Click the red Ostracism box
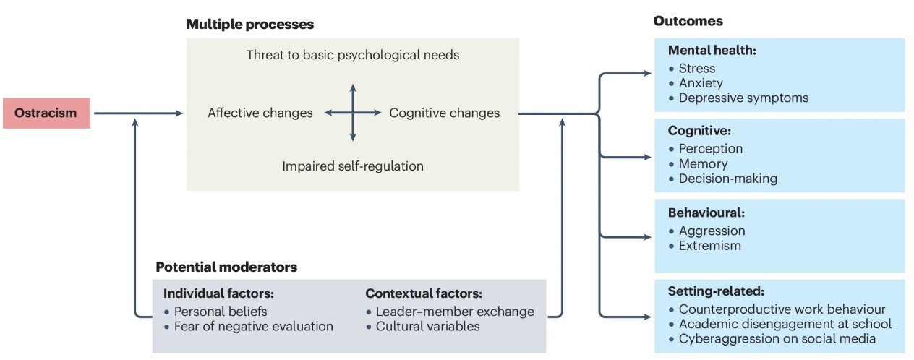click(x=46, y=113)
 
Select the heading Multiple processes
click(x=249, y=25)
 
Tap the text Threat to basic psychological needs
click(x=352, y=55)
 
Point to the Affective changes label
click(x=260, y=113)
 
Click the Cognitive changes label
click(x=444, y=113)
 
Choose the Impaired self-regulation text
click(x=352, y=166)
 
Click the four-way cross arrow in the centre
click(x=352, y=113)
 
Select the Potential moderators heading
click(x=226, y=267)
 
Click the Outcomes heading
click(x=688, y=21)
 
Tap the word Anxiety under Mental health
click(x=700, y=83)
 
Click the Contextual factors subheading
click(x=424, y=293)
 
